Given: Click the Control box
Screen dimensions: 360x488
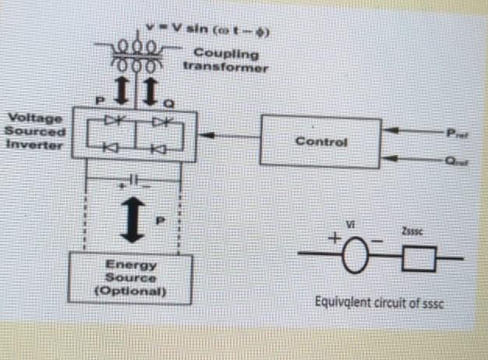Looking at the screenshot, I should coord(320,142).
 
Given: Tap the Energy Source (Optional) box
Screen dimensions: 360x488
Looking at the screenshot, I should coord(131,277).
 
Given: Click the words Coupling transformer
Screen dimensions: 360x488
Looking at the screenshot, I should coord(225,60).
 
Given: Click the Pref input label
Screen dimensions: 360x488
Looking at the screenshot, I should coord(454,132).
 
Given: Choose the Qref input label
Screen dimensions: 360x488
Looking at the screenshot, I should coord(454,164).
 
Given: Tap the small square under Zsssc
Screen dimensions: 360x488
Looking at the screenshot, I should coord(419,259).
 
